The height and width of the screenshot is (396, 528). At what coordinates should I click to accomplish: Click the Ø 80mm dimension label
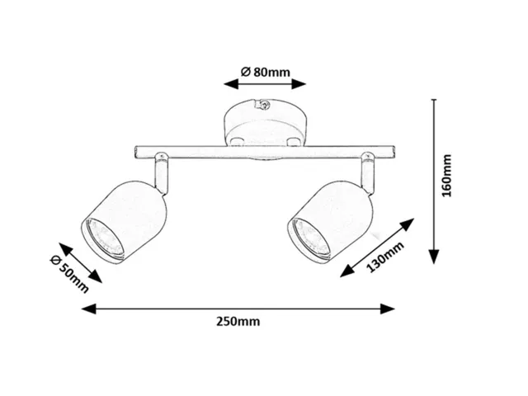coord(266,72)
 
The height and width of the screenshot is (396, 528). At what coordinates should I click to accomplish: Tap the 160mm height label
coord(446,176)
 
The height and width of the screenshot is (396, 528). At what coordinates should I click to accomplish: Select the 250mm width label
coord(238,322)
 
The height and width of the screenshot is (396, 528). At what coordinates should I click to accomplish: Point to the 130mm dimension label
coord(385,257)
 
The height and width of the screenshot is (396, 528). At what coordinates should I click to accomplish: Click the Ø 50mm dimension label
coord(69,274)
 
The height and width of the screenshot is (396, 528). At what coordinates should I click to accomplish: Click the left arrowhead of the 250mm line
coord(89,309)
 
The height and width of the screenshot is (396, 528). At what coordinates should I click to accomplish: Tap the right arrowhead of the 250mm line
coord(387,309)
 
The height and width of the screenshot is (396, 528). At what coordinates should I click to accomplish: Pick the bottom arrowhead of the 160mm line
coord(435,257)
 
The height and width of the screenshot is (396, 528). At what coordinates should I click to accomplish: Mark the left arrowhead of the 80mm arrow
coord(231,84)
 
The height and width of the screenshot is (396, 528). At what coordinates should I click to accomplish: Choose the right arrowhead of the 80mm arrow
coord(299,84)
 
